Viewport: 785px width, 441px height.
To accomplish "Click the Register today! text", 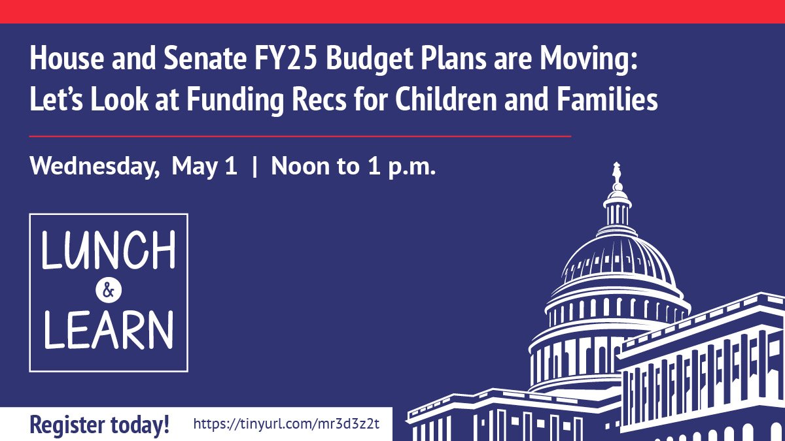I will (99, 424).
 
